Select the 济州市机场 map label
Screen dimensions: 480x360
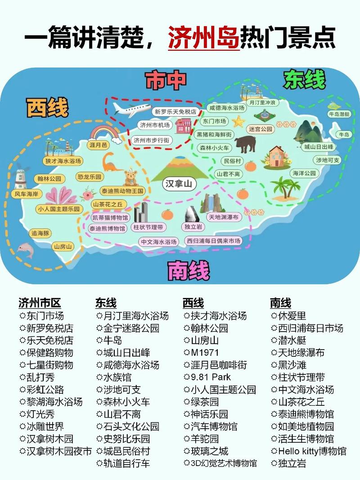(x=155, y=125)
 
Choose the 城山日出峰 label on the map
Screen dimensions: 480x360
(x=319, y=147)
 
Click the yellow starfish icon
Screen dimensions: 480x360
(x=238, y=121)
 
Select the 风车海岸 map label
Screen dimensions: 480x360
(x=27, y=194)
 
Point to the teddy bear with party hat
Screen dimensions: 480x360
(x=130, y=177)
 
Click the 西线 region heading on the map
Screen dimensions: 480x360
(x=47, y=108)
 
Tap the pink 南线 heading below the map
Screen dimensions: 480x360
(x=189, y=271)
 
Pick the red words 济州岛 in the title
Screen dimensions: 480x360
(x=204, y=37)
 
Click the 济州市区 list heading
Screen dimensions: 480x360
(x=40, y=302)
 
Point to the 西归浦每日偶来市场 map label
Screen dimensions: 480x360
(x=214, y=241)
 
